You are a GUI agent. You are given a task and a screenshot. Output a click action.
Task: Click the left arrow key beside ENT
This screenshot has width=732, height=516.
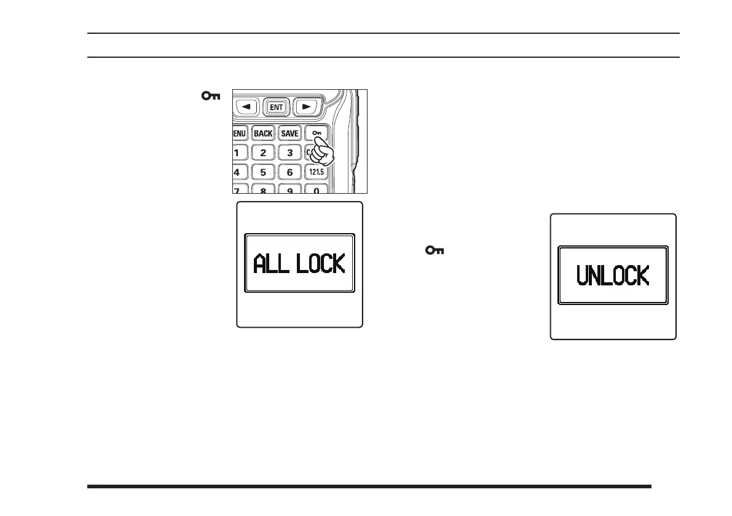(x=249, y=106)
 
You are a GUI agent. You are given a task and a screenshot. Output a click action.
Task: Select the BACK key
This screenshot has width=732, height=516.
(x=263, y=133)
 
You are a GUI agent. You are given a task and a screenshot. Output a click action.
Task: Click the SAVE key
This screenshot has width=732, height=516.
(x=289, y=133)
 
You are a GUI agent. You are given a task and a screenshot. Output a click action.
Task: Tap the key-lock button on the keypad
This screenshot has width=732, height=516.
(x=316, y=133)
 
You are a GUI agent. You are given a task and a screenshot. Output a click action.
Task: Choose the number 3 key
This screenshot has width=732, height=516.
(x=289, y=153)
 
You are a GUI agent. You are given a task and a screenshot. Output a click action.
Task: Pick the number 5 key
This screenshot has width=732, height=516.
(x=263, y=173)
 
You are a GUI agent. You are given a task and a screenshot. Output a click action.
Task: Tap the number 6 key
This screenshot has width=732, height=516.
(x=289, y=173)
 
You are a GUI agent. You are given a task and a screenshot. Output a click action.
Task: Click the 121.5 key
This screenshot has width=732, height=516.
(x=316, y=173)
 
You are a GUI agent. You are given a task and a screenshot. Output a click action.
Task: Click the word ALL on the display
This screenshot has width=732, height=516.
(x=271, y=264)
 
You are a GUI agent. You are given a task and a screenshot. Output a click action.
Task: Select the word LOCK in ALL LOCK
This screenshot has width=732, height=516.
(x=321, y=264)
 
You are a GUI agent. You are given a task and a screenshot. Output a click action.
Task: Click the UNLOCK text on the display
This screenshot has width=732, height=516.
(x=613, y=275)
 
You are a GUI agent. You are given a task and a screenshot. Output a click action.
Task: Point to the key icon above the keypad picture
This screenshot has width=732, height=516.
(x=211, y=96)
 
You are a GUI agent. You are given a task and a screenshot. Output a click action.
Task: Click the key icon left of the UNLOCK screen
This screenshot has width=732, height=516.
(x=435, y=250)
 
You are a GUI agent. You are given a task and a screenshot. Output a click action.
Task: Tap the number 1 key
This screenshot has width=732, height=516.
(x=237, y=153)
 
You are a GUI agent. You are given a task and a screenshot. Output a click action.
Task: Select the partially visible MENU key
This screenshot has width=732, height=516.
(x=238, y=133)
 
